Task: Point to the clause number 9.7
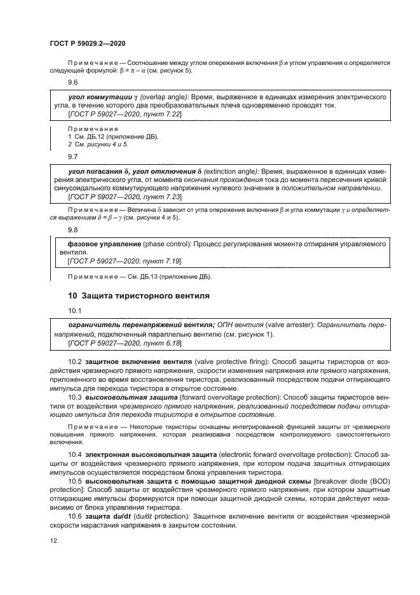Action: pos(73,156)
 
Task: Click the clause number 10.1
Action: pos(75,311)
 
